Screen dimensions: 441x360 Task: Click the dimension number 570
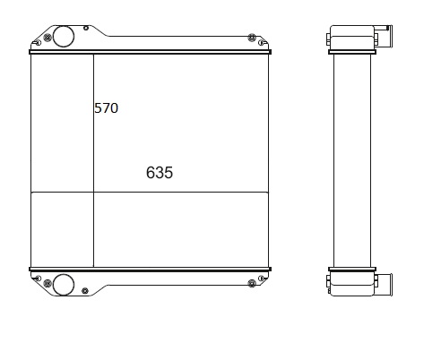(x=106, y=108)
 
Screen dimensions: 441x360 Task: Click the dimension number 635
(x=160, y=173)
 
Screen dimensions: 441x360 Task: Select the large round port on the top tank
(x=64, y=37)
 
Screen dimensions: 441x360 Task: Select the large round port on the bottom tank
(x=64, y=285)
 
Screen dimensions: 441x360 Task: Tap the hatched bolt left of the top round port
(x=48, y=38)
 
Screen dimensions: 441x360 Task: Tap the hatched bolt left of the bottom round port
(x=48, y=283)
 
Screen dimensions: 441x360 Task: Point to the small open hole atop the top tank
(x=86, y=28)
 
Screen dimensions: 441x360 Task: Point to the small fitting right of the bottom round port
(x=85, y=291)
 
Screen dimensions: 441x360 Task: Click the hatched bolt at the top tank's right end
(x=252, y=38)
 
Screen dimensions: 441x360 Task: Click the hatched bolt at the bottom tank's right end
(x=252, y=283)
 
